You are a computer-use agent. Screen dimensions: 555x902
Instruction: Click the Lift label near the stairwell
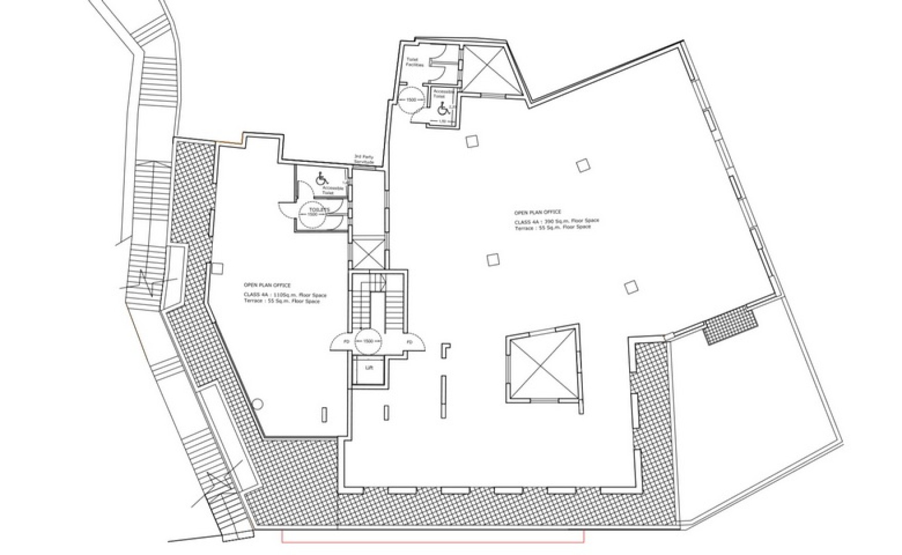click(x=369, y=368)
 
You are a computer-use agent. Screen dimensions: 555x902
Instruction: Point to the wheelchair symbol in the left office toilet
click(x=322, y=179)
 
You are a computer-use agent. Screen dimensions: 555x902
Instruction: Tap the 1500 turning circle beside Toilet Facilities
click(x=411, y=100)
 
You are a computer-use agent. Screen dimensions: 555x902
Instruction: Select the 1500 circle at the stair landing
click(x=368, y=341)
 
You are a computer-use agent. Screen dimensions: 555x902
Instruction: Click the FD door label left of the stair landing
click(x=346, y=342)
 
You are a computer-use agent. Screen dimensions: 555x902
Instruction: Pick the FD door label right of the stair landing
click(x=410, y=342)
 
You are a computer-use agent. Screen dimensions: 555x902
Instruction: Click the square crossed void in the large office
click(x=541, y=364)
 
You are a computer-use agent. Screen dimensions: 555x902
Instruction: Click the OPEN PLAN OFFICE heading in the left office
click(x=267, y=285)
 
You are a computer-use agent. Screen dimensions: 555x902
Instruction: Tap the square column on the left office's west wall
click(x=217, y=268)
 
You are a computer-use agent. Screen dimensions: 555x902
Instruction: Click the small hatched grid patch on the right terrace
click(x=730, y=325)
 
